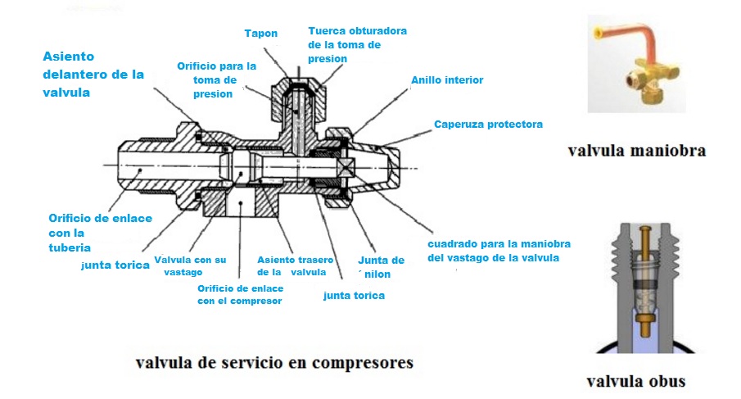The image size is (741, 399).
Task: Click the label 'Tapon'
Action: coord(261,34)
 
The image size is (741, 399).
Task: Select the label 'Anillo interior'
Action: coord(447,80)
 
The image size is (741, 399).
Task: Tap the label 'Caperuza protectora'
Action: coord(488,125)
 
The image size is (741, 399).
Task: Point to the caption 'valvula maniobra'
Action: coord(636,151)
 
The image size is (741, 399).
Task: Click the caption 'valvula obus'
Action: coord(636,381)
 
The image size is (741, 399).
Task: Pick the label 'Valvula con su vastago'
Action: coord(196,265)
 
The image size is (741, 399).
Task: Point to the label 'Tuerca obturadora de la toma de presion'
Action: coord(357,44)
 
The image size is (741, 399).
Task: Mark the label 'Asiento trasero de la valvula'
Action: coord(291,265)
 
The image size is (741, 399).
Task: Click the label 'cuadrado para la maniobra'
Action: coord(499,251)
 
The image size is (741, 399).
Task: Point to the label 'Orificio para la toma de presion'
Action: coord(216,79)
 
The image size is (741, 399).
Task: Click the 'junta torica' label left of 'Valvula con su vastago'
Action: coord(115,265)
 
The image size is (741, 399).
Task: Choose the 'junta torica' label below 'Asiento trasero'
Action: coord(354,295)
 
